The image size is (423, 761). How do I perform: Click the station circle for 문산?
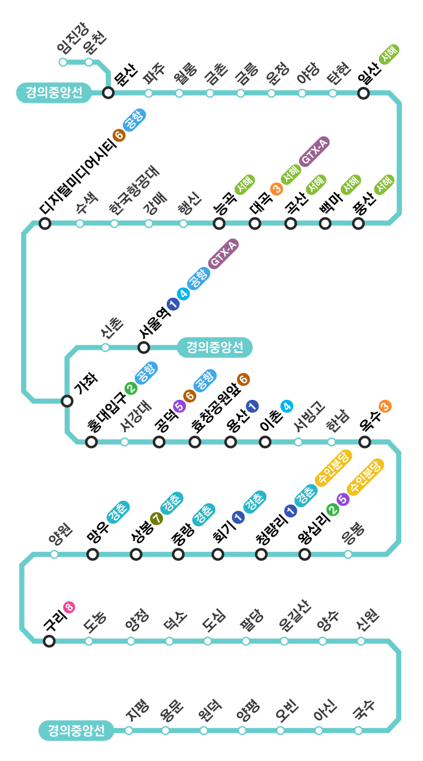108,93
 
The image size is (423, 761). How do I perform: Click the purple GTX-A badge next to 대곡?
314,151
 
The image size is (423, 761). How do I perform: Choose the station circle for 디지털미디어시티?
45,223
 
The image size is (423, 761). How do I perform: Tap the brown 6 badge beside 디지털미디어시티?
119,136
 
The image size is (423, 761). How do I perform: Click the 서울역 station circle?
143,347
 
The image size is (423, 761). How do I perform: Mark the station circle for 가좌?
67,401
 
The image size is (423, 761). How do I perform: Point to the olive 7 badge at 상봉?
156,518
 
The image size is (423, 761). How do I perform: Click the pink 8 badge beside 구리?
69,607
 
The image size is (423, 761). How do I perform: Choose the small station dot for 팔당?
246,641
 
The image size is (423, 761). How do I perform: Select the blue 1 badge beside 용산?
253,405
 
